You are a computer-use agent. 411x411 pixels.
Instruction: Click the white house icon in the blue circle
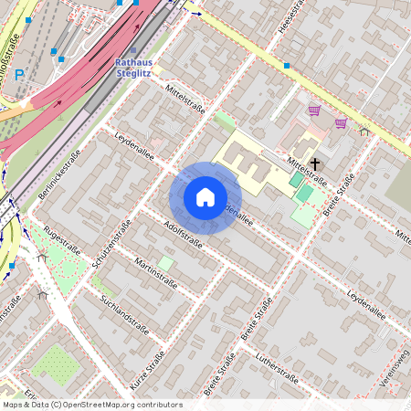205,197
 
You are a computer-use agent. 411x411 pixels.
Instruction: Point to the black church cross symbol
315,164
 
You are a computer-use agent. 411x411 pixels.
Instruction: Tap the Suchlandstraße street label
125,310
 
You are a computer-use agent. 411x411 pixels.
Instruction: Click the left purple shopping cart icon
314,111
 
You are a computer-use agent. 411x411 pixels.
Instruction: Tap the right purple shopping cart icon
341,123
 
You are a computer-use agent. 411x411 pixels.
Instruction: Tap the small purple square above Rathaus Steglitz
133,50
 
